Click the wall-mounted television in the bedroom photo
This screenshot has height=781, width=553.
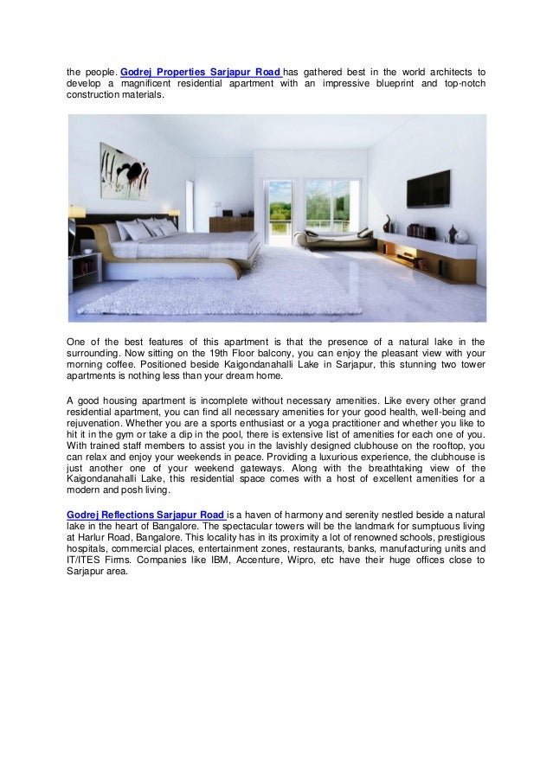[428, 188]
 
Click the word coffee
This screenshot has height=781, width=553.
[107, 365]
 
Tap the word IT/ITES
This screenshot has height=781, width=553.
[87, 560]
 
